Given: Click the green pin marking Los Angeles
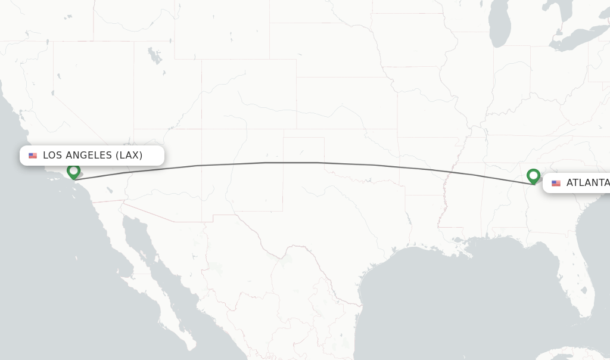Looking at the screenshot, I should point(73,171).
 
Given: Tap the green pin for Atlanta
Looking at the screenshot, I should point(533,176).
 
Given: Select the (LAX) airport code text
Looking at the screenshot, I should point(129,156).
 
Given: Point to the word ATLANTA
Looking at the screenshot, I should point(587,183).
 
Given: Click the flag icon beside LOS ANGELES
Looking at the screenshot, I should point(33,156).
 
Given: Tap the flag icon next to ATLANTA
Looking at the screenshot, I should point(556,183).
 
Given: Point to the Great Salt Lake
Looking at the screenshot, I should point(155,57).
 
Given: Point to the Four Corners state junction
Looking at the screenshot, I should point(202,129).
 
